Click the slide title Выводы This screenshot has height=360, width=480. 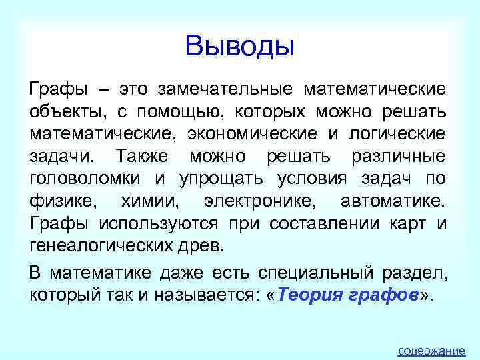tap(240, 46)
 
